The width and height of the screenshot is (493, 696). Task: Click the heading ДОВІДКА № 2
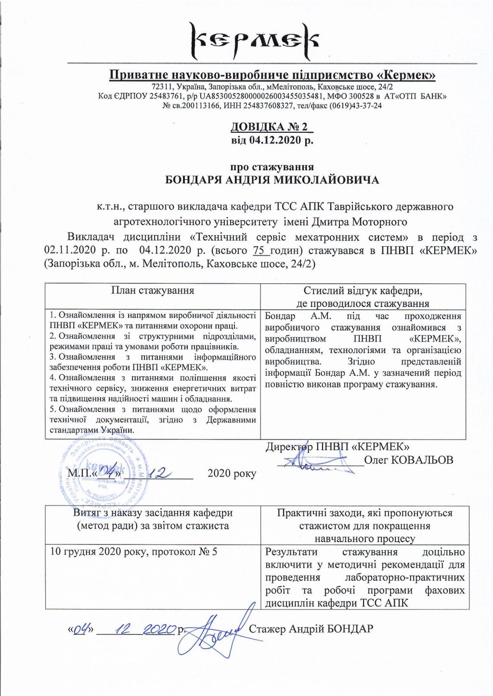tap(272, 127)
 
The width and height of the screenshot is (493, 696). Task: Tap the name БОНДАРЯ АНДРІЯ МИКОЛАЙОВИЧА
tap(272, 180)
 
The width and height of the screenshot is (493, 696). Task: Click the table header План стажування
tap(153, 291)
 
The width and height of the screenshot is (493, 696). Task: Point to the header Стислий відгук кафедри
tap(363, 291)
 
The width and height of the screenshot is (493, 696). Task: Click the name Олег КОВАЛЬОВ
tap(408, 460)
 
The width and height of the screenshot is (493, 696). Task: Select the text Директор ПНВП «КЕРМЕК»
tap(337, 446)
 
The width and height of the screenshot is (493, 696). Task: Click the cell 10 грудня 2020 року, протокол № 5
tap(134, 551)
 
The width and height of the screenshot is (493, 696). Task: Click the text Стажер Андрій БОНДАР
tap(311, 629)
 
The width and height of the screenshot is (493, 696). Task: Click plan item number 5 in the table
tap(153, 419)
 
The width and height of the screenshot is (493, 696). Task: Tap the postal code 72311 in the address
tap(160, 87)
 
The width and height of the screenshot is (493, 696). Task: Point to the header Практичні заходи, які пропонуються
tap(364, 513)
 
